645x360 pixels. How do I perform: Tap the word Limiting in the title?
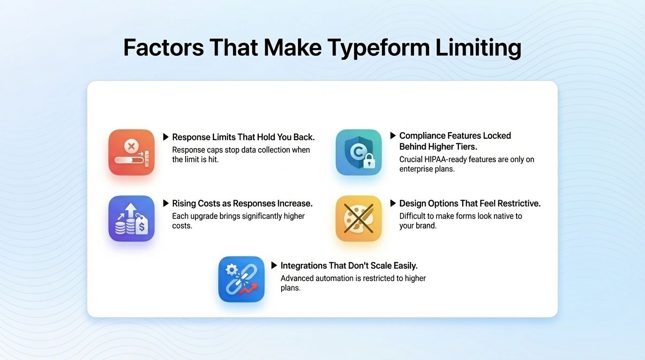pyautogui.click(x=478, y=48)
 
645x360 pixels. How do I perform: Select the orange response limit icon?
pyautogui.click(x=131, y=152)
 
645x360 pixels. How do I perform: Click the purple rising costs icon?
pyautogui.click(x=131, y=218)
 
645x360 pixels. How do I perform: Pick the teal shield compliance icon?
pyautogui.click(x=359, y=152)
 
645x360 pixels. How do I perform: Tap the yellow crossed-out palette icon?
pyautogui.click(x=359, y=218)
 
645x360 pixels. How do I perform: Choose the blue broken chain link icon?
pyautogui.click(x=241, y=279)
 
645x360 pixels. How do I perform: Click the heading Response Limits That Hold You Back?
pyautogui.click(x=243, y=137)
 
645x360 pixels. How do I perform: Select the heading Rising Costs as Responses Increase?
pyautogui.click(x=242, y=203)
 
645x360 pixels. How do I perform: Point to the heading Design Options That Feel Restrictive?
pyautogui.click(x=470, y=203)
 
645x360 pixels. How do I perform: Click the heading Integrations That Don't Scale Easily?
pyautogui.click(x=349, y=266)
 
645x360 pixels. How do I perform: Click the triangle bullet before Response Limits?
pyautogui.click(x=165, y=137)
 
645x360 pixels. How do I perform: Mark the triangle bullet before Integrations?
pyautogui.click(x=274, y=265)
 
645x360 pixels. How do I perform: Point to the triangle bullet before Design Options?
pyautogui.click(x=393, y=203)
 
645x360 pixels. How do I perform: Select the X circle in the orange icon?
pyautogui.click(x=131, y=147)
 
